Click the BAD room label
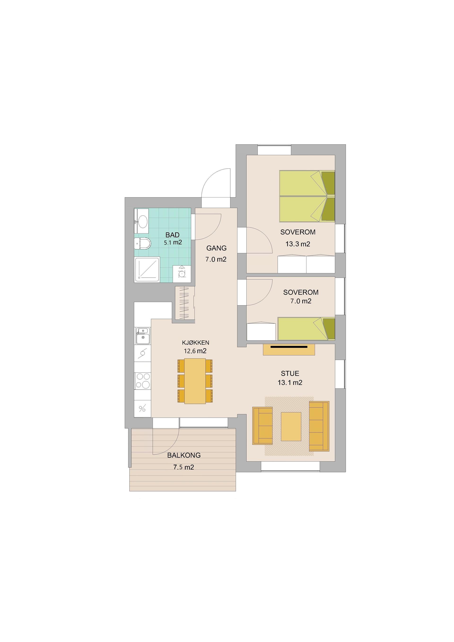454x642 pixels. tap(172, 235)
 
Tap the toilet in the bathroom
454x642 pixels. tap(142, 244)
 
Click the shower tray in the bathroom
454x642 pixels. tap(147, 270)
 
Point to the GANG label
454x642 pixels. tap(216, 248)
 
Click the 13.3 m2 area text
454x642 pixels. tap(298, 244)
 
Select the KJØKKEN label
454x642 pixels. tap(196, 343)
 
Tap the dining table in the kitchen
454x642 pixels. tap(195, 381)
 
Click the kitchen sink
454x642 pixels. tap(143, 336)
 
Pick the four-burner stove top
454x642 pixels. tap(143, 381)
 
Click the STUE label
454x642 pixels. tap(290, 373)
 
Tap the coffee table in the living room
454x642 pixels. tap(291, 426)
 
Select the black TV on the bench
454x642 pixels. tap(289, 347)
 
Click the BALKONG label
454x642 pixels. tap(184, 455)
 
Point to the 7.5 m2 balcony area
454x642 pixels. tap(184, 467)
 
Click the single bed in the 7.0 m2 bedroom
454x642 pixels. tap(306, 329)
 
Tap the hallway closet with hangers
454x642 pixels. tap(185, 303)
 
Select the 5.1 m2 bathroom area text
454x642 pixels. tap(173, 242)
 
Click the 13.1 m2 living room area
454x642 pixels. tap(290, 383)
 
